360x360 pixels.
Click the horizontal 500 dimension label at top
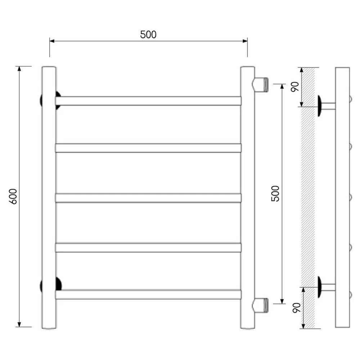148,35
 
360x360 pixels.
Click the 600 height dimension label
13,197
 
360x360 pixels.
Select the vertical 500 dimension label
275,194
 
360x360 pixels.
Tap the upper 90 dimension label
295,87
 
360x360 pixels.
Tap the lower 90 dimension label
297,308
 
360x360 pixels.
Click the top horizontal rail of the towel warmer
148,101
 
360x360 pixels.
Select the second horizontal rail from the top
148,148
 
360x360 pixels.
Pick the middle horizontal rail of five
148,198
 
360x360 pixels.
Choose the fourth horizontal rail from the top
148,248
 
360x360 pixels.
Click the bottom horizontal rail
148,295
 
